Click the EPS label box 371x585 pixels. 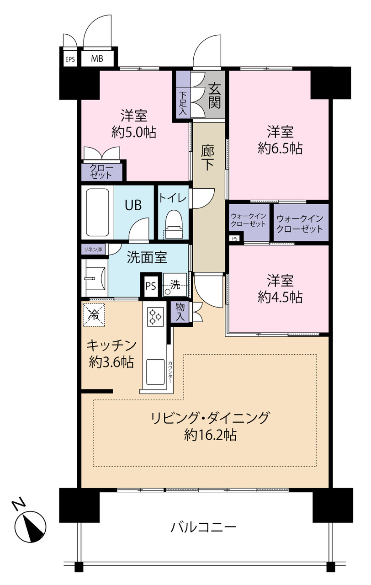pyautogui.click(x=70, y=59)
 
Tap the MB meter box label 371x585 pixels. pyautogui.click(x=97, y=58)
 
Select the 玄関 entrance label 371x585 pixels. pyautogui.click(x=214, y=96)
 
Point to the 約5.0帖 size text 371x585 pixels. pyautogui.click(x=134, y=132)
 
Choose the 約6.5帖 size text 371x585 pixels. pyautogui.click(x=280, y=149)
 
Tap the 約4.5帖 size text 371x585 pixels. pyautogui.click(x=280, y=297)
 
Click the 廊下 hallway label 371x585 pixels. pyautogui.click(x=207, y=158)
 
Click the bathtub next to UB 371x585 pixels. pyautogui.click(x=97, y=212)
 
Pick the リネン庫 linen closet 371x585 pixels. pyautogui.click(x=93, y=250)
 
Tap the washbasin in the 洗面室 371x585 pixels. pyautogui.click(x=95, y=278)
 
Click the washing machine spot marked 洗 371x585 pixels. pyautogui.click(x=175, y=285)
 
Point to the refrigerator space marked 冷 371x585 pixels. pyautogui.click(x=94, y=315)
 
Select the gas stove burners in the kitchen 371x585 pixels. pyautogui.click(x=155, y=317)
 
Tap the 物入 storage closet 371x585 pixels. pyautogui.click(x=180, y=312)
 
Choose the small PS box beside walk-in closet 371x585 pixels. pyautogui.click(x=235, y=239)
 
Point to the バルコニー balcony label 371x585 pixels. pyautogui.click(x=203, y=526)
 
